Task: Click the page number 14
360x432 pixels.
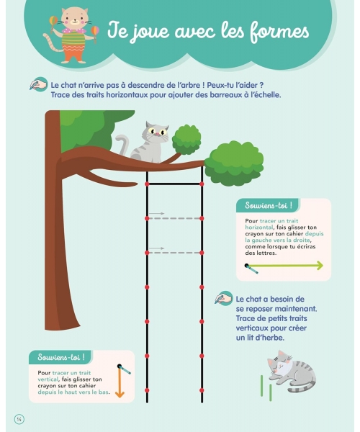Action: [x=19, y=419]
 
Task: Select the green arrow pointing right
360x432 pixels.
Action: [x=286, y=266]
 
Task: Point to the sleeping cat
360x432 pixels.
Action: [x=292, y=371]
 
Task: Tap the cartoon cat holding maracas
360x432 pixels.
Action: [x=71, y=35]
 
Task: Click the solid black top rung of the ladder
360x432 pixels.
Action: [x=174, y=184]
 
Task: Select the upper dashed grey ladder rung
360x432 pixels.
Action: [x=174, y=218]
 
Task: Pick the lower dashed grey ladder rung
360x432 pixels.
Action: [x=174, y=253]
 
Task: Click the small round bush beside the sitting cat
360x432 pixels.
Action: [x=186, y=140]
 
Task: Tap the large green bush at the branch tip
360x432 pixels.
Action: [x=234, y=163]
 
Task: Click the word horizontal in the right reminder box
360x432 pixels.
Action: [x=259, y=228]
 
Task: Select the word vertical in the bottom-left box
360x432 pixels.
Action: [x=48, y=379]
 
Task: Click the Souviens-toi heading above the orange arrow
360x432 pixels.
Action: [x=61, y=357]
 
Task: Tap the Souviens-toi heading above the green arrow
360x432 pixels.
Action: [x=269, y=205]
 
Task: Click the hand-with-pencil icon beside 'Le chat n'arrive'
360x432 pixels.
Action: [x=39, y=84]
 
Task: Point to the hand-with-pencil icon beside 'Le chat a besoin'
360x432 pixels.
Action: [x=224, y=298]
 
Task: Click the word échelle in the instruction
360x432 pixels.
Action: [x=266, y=95]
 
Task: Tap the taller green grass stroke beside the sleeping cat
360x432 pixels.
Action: [x=261, y=385]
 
